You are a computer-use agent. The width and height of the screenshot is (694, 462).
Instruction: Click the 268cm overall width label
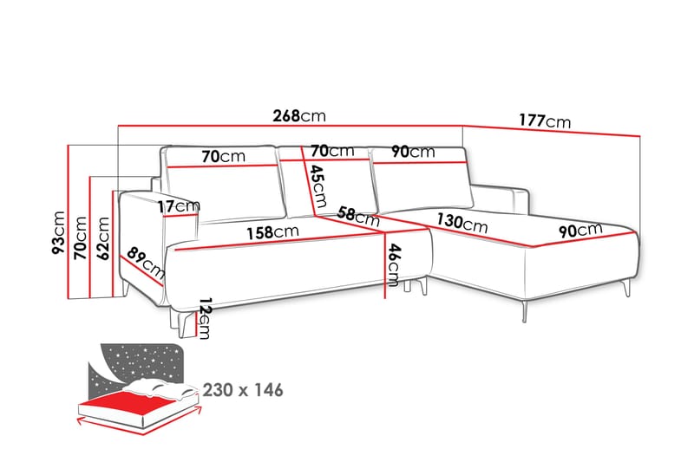coord(299,116)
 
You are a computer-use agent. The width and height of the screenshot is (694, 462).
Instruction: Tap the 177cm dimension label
coord(545,120)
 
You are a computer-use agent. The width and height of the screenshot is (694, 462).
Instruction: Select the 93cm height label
coord(58,232)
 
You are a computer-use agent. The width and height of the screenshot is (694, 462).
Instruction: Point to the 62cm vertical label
coord(103,238)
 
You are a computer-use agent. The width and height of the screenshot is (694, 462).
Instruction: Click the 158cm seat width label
coord(272,232)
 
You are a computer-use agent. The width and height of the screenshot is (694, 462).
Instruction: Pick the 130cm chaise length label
coord(462,223)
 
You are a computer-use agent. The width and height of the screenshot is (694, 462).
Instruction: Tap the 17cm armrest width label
coord(179,206)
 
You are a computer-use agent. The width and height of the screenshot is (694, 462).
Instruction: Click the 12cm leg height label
coord(205,318)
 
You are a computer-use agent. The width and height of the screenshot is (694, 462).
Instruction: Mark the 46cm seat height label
coord(394,264)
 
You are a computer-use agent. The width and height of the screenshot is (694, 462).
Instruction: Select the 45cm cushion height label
coord(318,185)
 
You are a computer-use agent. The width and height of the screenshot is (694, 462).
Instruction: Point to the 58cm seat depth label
coord(358,216)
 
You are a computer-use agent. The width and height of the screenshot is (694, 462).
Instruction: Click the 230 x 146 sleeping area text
coord(243,390)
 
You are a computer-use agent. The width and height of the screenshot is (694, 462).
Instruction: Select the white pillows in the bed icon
coord(160,389)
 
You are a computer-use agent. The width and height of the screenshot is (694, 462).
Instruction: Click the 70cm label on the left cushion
coord(223,156)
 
